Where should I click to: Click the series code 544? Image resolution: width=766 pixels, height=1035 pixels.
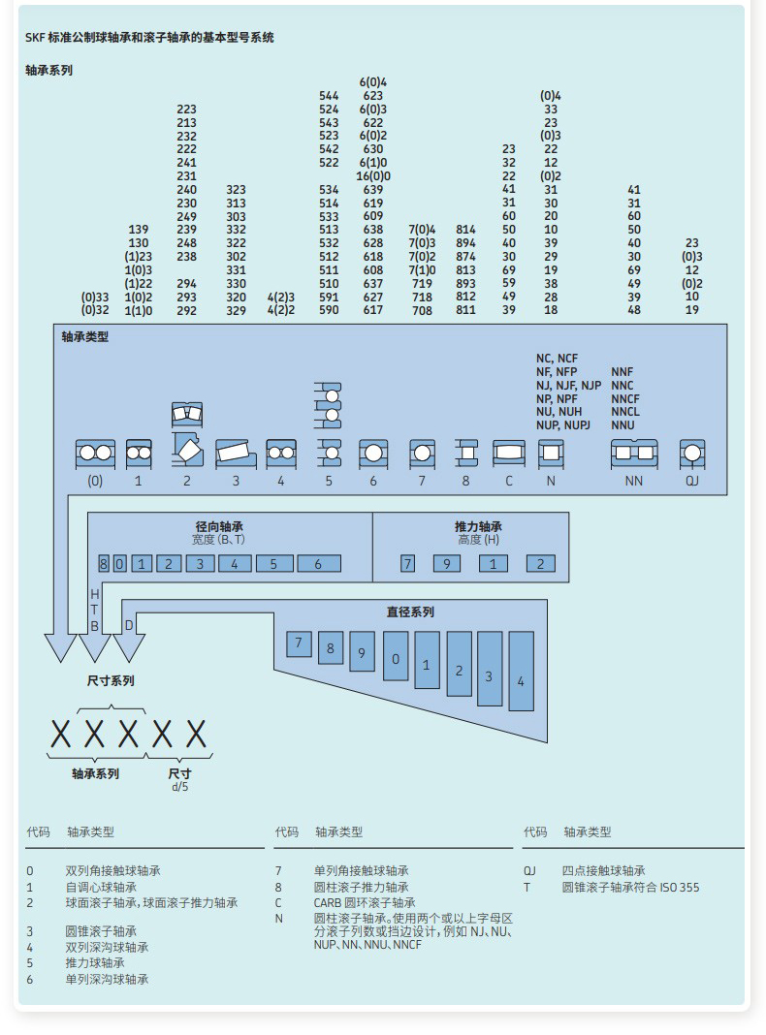coord(329,96)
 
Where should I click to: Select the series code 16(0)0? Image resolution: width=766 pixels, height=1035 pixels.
coord(373,176)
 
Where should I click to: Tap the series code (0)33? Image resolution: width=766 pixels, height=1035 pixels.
coord(95,297)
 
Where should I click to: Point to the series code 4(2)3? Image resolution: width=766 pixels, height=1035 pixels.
coord(281,297)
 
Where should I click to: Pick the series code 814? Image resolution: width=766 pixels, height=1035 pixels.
coord(466,230)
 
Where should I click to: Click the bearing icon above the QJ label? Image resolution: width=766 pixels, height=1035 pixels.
coord(691,454)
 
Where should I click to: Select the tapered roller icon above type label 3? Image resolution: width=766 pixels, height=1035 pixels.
coord(235,452)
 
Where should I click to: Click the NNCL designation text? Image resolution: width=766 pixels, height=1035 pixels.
coord(625,412)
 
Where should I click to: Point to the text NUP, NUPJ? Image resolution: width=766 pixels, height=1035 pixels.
coord(563,425)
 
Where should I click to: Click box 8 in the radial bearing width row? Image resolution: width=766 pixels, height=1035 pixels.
coord(104,563)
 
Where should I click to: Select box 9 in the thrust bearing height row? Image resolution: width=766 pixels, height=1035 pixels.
coord(447,563)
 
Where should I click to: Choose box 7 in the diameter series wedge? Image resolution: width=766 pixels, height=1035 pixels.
coord(299,643)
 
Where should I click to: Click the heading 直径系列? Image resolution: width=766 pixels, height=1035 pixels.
coord(410,612)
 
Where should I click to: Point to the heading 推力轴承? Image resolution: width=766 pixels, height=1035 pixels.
coord(479,526)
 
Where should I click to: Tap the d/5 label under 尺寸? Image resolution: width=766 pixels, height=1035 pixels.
coord(180,787)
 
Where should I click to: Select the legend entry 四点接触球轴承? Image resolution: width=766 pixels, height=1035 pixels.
coord(603,871)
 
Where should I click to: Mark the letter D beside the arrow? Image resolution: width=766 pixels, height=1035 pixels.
coord(129,625)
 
